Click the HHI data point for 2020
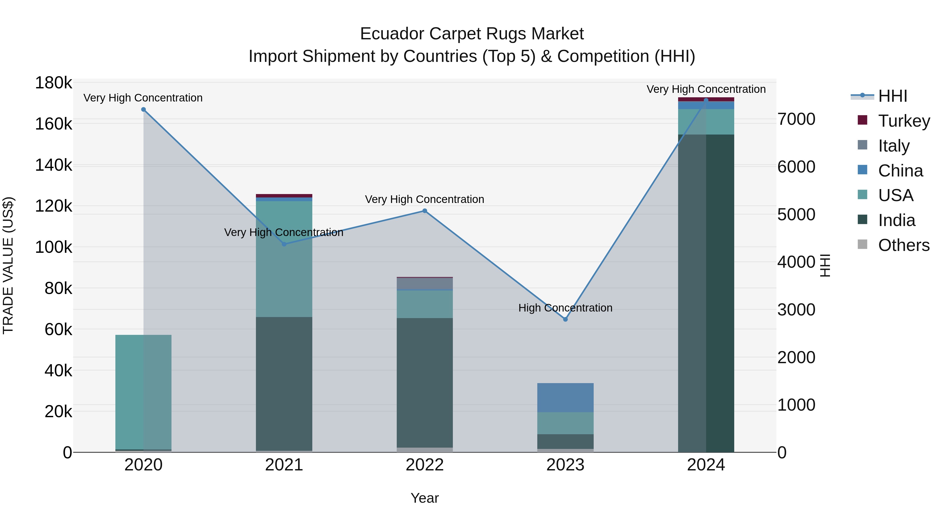[x=143, y=110]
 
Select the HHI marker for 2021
[x=284, y=244]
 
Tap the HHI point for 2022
[x=425, y=211]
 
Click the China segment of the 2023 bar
[x=565, y=398]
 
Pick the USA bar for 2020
[x=143, y=392]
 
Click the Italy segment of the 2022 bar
[x=425, y=283]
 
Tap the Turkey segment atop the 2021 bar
[x=284, y=196]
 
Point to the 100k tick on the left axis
[x=53, y=247]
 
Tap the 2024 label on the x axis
[x=706, y=465]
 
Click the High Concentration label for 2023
[x=565, y=308]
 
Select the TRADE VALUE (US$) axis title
[x=8, y=265]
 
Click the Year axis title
[x=425, y=498]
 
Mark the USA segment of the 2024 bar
[x=706, y=122]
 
